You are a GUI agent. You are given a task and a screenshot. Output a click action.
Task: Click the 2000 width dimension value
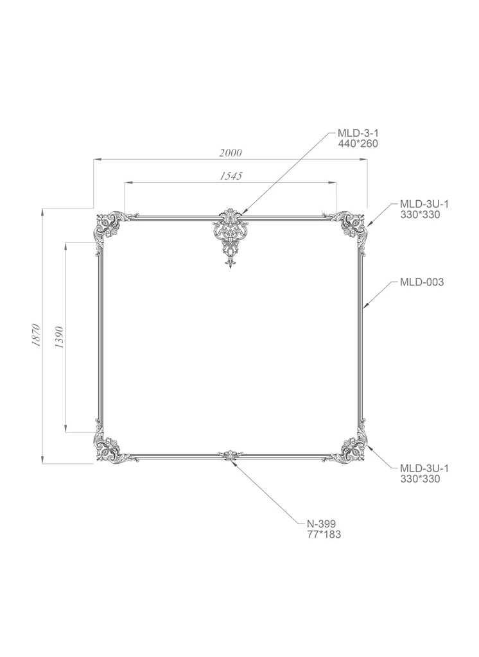click(231, 153)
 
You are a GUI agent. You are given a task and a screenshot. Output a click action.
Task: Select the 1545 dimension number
click(231, 176)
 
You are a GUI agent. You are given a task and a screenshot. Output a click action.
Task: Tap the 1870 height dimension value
click(36, 335)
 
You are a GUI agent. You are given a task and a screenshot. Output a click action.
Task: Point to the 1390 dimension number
click(59, 337)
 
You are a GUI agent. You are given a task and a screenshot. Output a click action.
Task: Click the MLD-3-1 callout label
click(358, 133)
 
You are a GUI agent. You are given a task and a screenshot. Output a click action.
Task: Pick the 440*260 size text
click(358, 144)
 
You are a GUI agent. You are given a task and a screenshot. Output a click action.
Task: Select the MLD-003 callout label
click(422, 282)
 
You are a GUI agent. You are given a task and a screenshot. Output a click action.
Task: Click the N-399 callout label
click(321, 524)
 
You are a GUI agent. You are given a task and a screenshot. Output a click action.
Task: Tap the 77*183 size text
click(324, 534)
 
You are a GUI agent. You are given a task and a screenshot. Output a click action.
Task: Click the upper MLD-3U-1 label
click(424, 204)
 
